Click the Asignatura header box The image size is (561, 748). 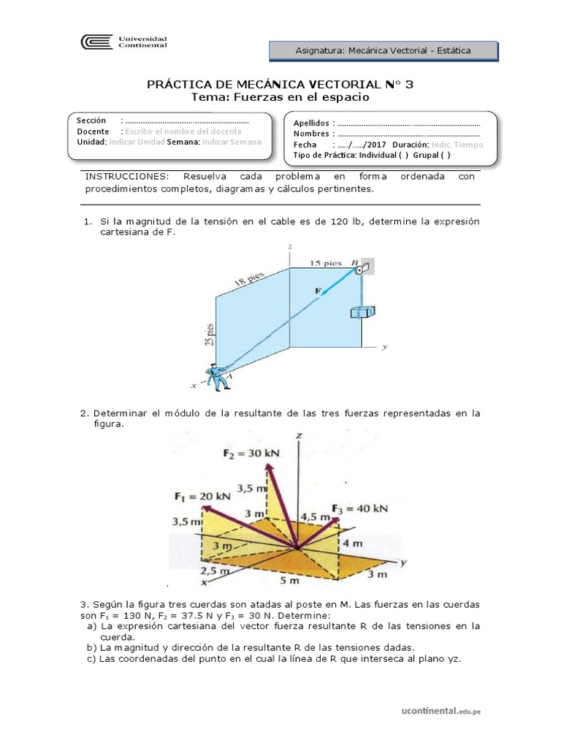(383, 50)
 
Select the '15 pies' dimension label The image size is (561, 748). (326, 262)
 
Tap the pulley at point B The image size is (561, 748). (362, 268)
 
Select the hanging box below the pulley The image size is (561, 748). (361, 312)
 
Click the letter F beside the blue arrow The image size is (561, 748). (318, 291)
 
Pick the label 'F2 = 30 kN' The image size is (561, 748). (251, 453)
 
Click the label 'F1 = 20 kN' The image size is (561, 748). (202, 496)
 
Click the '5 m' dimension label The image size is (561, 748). (291, 581)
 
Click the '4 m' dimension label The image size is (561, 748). (354, 543)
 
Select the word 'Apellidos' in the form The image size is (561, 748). (311, 123)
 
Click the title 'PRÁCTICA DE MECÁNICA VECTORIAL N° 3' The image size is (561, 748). (280, 85)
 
